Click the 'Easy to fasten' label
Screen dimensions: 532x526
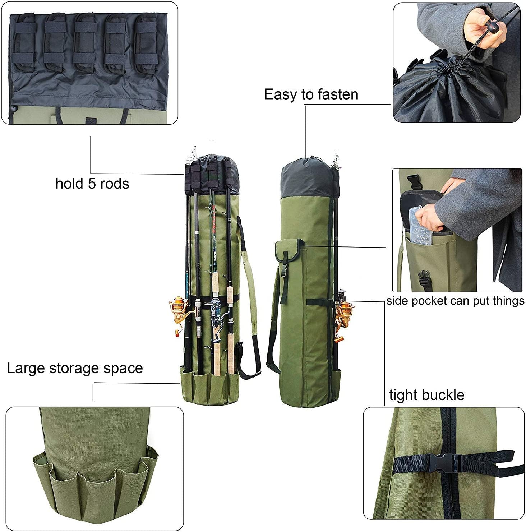point(311,94)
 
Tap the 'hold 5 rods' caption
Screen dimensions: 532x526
point(92,184)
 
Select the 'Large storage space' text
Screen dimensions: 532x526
point(75,368)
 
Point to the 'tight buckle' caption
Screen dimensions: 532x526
point(426,395)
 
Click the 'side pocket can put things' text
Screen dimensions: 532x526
point(455,301)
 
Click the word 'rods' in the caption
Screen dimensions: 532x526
point(114,184)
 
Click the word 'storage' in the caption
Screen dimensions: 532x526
point(78,368)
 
